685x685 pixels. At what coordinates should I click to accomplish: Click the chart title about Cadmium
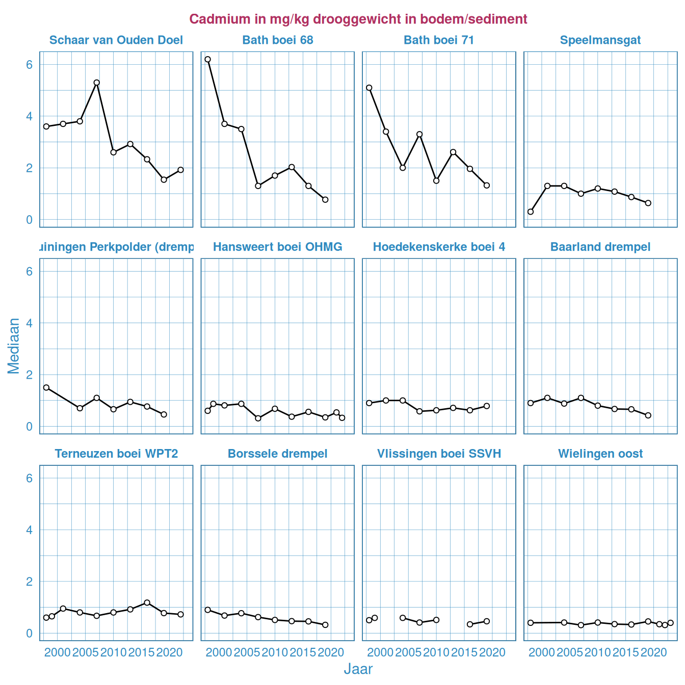point(358,19)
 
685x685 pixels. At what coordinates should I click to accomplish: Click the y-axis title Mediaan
point(14,346)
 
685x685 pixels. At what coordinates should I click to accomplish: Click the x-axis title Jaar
point(358,669)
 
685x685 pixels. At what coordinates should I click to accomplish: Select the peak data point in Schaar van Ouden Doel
point(96,83)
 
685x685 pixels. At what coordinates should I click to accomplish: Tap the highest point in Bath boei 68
point(207,59)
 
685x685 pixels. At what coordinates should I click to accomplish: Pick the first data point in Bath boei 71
point(369,88)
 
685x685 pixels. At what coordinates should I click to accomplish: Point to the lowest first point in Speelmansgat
point(531,212)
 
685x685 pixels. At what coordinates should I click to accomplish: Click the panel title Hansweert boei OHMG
point(277,247)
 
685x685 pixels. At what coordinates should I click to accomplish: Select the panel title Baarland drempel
point(600,247)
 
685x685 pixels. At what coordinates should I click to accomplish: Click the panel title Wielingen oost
point(600,454)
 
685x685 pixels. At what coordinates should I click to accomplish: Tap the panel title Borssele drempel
point(277,454)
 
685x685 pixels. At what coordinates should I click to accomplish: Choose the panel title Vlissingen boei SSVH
point(439,454)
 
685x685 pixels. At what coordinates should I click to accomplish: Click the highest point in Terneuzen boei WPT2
point(147,602)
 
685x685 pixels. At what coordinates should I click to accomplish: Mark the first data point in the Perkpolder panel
point(46,387)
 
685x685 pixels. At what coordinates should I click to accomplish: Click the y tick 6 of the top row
point(30,65)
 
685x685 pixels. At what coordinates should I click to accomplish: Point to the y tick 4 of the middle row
point(30,323)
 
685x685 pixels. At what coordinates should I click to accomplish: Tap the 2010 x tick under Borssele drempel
point(275,652)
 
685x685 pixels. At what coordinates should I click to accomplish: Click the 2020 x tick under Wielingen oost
point(653,652)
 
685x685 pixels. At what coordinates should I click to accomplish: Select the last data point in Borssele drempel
point(325,625)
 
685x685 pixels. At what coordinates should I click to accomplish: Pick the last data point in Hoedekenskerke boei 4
point(487,406)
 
